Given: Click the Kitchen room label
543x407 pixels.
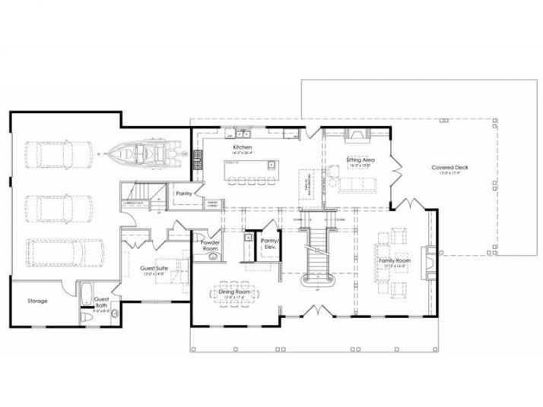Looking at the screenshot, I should [243, 147].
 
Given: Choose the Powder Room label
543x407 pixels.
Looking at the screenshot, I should [210, 245].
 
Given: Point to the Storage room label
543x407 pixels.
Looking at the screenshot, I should [39, 301].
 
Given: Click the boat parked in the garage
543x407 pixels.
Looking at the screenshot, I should [144, 155].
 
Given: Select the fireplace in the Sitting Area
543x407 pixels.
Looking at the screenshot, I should [355, 136].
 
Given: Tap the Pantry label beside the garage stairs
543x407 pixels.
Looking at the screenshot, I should [183, 194].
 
